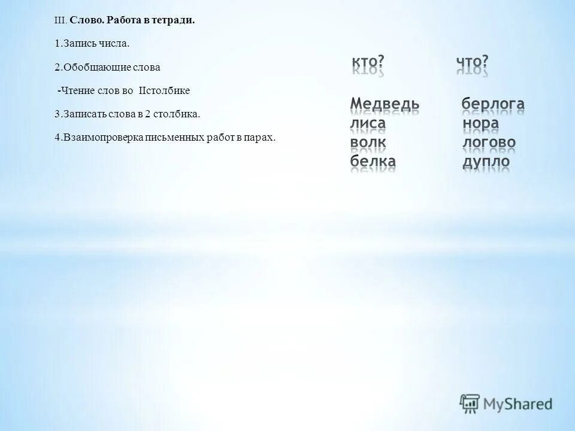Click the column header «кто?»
(367, 63)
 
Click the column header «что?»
(472, 63)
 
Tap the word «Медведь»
(385, 104)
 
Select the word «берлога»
(493, 104)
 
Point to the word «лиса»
(368, 123)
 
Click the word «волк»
(368, 142)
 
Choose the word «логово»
(489, 142)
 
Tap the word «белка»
(373, 162)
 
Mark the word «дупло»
(486, 162)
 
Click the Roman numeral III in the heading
(59, 20)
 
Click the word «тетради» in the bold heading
(174, 20)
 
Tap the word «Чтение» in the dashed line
(75, 90)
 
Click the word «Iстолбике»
(164, 90)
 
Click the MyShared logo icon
(470, 403)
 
